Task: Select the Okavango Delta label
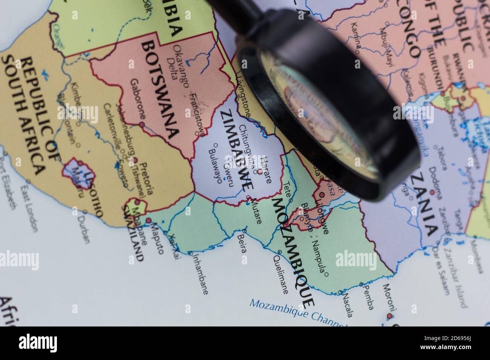click(177, 62)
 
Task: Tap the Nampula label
click(318, 256)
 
